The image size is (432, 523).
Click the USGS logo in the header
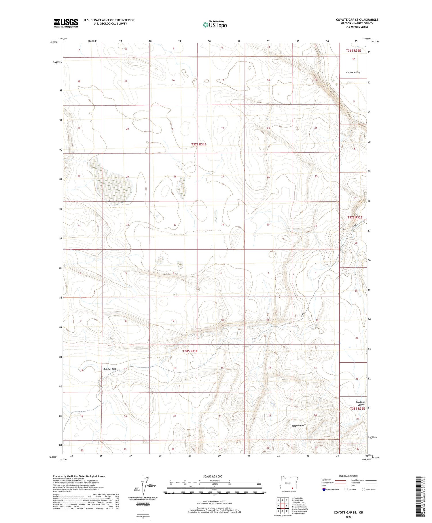coord(66,23)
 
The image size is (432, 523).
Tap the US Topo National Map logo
coord(215,25)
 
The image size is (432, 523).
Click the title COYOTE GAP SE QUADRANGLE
coord(357,20)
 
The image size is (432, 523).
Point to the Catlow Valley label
coord(353,72)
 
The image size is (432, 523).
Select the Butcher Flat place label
coord(109,369)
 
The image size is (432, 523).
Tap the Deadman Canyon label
coord(360,403)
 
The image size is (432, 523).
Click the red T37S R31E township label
coord(199,144)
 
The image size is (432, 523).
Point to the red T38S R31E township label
coord(190,351)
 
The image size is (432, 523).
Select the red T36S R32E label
coord(353,50)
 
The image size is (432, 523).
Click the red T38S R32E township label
coord(357,408)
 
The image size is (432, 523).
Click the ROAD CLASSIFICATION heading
coord(348,476)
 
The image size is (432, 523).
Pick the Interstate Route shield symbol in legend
coord(324,490)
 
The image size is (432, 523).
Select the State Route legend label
coord(371,490)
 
